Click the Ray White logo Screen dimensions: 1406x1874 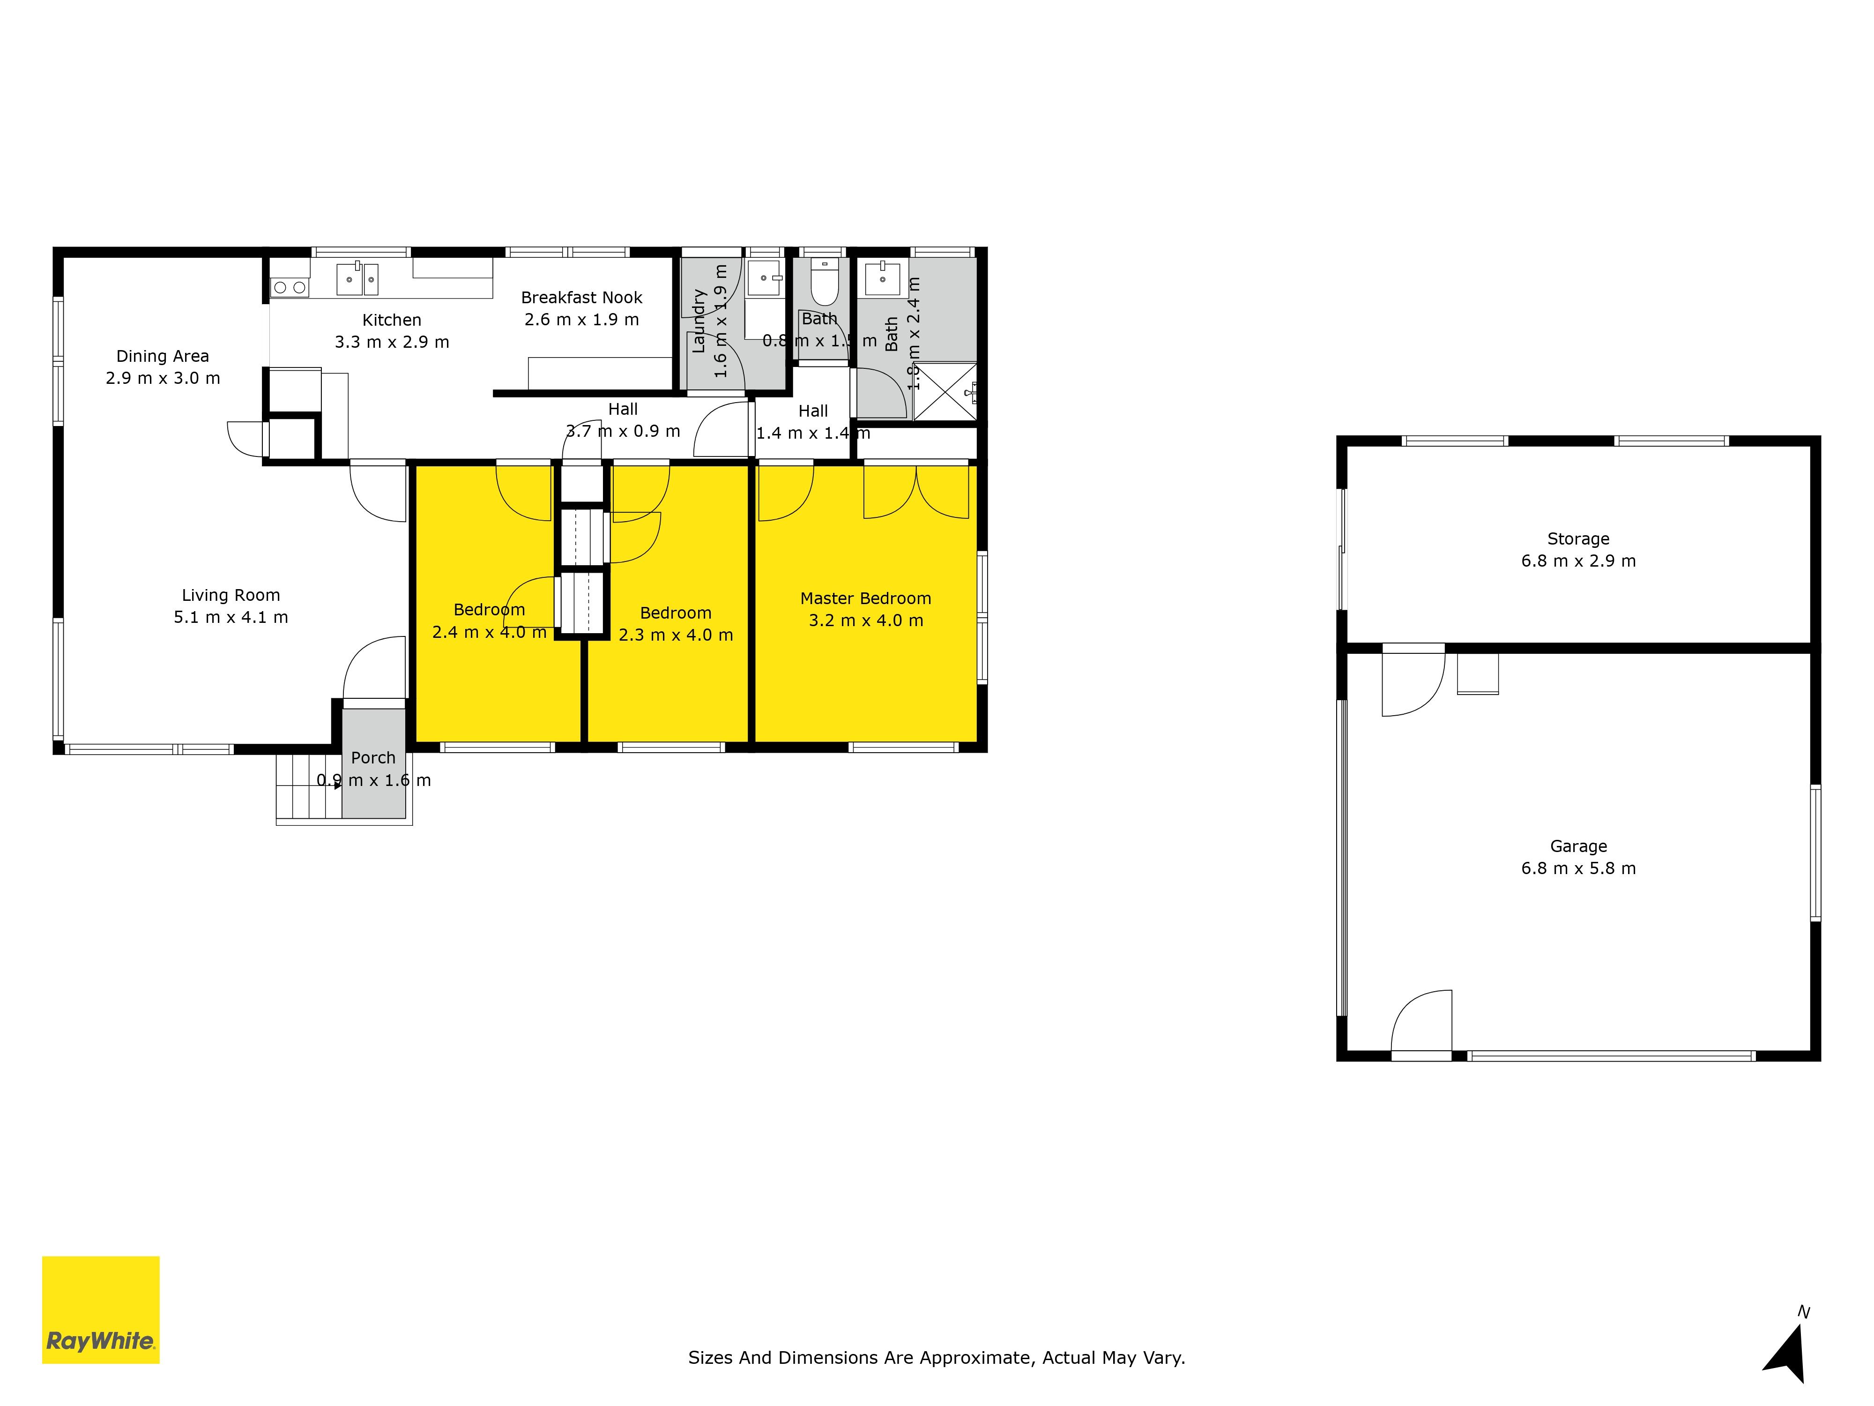101,1309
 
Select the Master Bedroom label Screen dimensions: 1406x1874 865,598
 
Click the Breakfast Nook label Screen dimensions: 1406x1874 581,298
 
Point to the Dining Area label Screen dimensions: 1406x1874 163,356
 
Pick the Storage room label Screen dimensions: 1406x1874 1577,539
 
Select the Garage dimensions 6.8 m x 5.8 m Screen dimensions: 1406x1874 1577,868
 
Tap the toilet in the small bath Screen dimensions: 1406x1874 824,282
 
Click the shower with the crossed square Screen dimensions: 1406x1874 944,391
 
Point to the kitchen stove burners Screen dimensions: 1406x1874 290,288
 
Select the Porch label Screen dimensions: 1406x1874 373,758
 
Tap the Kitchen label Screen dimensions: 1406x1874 391,320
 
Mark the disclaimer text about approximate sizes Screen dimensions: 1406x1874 936,1358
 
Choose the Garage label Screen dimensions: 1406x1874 1577,846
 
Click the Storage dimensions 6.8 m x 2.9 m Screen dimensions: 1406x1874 1577,561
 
